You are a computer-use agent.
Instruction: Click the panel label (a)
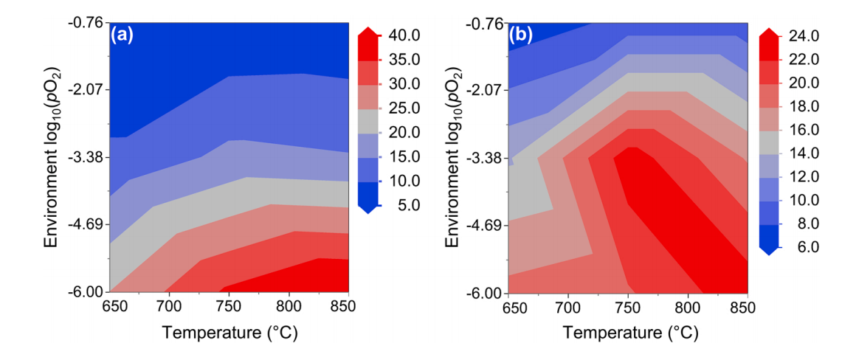[122, 35]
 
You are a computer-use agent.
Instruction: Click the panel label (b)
[520, 35]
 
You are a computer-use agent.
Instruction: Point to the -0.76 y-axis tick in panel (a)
[88, 23]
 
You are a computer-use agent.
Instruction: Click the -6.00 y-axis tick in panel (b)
[486, 293]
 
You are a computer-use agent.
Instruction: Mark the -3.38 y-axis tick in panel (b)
[486, 158]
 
